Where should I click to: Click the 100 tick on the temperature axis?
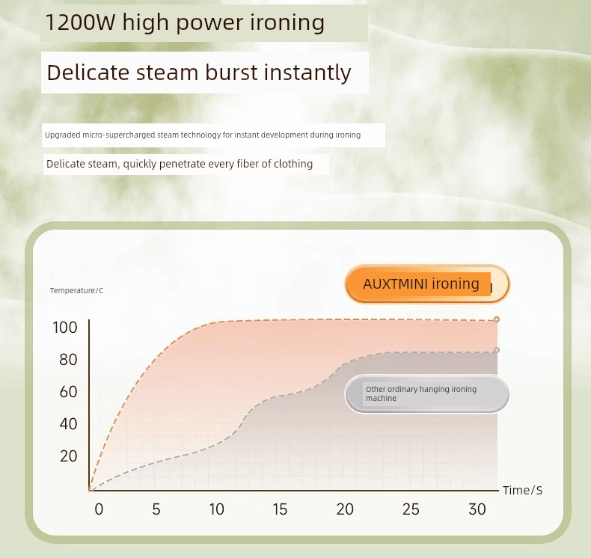pyautogui.click(x=65, y=328)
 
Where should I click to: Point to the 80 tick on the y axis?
pyautogui.click(x=68, y=360)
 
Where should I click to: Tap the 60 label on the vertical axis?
pyautogui.click(x=68, y=392)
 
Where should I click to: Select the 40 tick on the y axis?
pyautogui.click(x=68, y=424)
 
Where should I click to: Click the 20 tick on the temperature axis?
pyautogui.click(x=68, y=456)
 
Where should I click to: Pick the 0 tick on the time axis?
pyautogui.click(x=99, y=509)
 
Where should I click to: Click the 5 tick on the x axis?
pyautogui.click(x=156, y=509)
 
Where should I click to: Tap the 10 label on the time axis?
pyautogui.click(x=217, y=509)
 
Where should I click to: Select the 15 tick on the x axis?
pyautogui.click(x=280, y=509)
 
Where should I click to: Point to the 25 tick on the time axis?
pyautogui.click(x=411, y=509)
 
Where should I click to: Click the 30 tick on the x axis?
pyautogui.click(x=477, y=509)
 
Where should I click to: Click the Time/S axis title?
pyautogui.click(x=522, y=490)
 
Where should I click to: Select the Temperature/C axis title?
pyautogui.click(x=76, y=290)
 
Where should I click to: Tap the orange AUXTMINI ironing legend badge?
pyautogui.click(x=427, y=284)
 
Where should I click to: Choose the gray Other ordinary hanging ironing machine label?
pyautogui.click(x=427, y=393)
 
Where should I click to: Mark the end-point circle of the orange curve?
pyautogui.click(x=497, y=319)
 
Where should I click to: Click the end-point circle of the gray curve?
pyautogui.click(x=497, y=350)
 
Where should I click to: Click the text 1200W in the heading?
pyautogui.click(x=80, y=22)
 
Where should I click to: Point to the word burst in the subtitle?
pyautogui.click(x=232, y=73)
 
